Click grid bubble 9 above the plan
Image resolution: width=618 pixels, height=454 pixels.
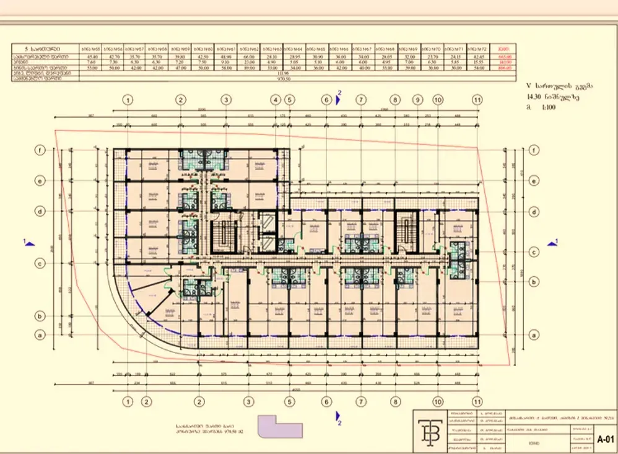pyautogui.click(x=418, y=99)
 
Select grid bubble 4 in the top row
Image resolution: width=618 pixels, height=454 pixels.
pyautogui.click(x=276, y=99)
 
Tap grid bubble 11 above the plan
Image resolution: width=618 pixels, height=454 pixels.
pyautogui.click(x=477, y=99)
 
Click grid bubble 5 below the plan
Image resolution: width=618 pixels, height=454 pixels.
pyautogui.click(x=289, y=401)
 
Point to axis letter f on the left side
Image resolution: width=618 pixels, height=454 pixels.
pyautogui.click(x=40, y=150)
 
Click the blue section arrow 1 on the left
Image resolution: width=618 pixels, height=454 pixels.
pyautogui.click(x=28, y=243)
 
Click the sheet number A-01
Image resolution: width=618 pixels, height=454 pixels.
pyautogui.click(x=604, y=439)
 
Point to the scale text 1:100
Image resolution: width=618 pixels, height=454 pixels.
pyautogui.click(x=545, y=107)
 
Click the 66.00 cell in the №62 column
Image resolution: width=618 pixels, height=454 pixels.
pyautogui.click(x=249, y=56)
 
